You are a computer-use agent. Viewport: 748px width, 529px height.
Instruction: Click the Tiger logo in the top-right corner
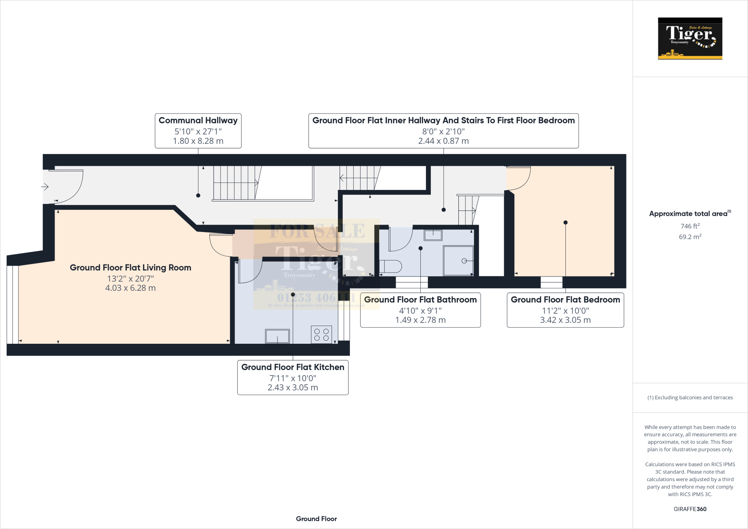690,38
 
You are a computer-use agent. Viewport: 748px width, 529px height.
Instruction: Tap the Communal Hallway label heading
198,121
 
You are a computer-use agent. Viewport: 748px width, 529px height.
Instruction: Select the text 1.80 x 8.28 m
198,141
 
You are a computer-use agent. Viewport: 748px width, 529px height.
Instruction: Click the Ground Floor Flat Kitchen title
293,367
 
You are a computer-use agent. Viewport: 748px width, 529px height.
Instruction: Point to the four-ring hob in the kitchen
321,335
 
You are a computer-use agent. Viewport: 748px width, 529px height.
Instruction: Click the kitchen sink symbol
278,336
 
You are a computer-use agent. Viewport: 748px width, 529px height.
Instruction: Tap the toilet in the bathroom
390,266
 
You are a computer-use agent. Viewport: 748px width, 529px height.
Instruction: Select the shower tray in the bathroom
458,261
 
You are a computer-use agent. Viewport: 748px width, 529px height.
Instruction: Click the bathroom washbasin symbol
433,235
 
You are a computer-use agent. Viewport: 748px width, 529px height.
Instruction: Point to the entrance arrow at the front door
45,187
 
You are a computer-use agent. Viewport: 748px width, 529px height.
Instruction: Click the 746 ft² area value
690,226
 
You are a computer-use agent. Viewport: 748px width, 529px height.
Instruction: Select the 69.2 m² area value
690,237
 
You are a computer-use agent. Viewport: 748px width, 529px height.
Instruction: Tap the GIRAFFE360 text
690,509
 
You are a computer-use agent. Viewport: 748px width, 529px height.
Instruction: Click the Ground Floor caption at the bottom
316,519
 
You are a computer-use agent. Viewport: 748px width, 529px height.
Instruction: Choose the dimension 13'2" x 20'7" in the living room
130,279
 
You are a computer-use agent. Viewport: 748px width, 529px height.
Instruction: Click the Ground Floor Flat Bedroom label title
565,300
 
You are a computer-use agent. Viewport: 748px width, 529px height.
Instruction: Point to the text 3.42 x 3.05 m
565,320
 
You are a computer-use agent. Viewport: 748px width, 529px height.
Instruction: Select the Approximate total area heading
689,214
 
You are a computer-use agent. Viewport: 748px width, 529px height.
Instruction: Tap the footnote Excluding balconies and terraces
690,397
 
